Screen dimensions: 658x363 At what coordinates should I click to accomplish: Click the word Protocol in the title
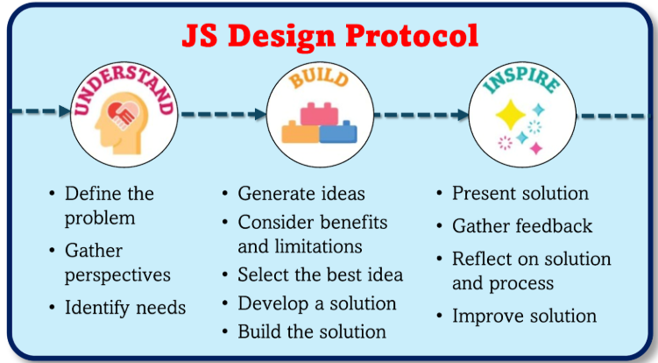(412, 36)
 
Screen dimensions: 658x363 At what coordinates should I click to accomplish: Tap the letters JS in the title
(200, 35)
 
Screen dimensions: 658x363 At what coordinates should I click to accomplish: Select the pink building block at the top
(319, 114)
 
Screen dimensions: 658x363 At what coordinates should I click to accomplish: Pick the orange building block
(301, 132)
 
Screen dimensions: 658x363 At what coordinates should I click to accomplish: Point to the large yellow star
(511, 114)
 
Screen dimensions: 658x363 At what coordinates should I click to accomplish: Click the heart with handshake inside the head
(123, 115)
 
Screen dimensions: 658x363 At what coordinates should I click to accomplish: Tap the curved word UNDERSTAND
(124, 86)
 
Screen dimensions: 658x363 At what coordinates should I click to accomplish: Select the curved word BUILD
(320, 79)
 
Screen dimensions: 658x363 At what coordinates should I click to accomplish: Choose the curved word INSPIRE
(521, 80)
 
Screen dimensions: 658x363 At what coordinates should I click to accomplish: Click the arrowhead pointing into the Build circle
(260, 114)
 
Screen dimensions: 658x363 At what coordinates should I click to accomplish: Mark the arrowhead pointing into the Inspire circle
(463, 115)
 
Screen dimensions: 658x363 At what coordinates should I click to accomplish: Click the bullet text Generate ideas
(301, 194)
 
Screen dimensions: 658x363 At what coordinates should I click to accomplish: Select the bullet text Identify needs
(125, 308)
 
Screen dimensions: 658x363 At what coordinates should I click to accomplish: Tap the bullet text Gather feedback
(522, 226)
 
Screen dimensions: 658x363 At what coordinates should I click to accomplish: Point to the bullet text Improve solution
(524, 316)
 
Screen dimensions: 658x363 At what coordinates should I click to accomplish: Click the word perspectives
(117, 276)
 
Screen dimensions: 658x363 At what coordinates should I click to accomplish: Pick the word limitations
(319, 246)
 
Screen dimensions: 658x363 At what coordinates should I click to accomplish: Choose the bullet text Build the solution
(312, 331)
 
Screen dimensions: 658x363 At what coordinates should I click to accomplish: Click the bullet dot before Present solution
(439, 194)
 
